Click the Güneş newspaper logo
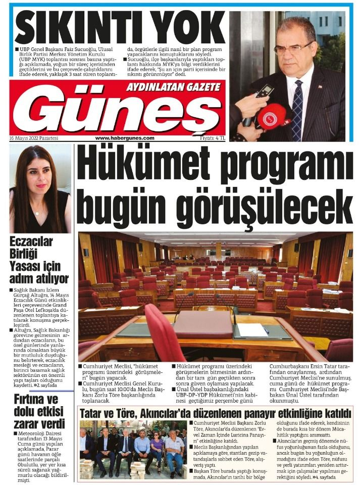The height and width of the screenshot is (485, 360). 119,114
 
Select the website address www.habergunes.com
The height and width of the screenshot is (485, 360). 125,138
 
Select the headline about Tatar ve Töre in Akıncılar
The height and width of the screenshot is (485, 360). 215,414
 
